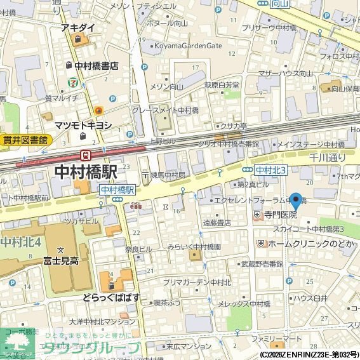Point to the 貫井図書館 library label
pos(25,140)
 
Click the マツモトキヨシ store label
pos(83,125)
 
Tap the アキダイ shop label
pos(78,29)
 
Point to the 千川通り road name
pos(327,157)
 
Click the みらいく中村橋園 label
pos(194,246)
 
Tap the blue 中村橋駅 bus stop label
pos(117,190)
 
